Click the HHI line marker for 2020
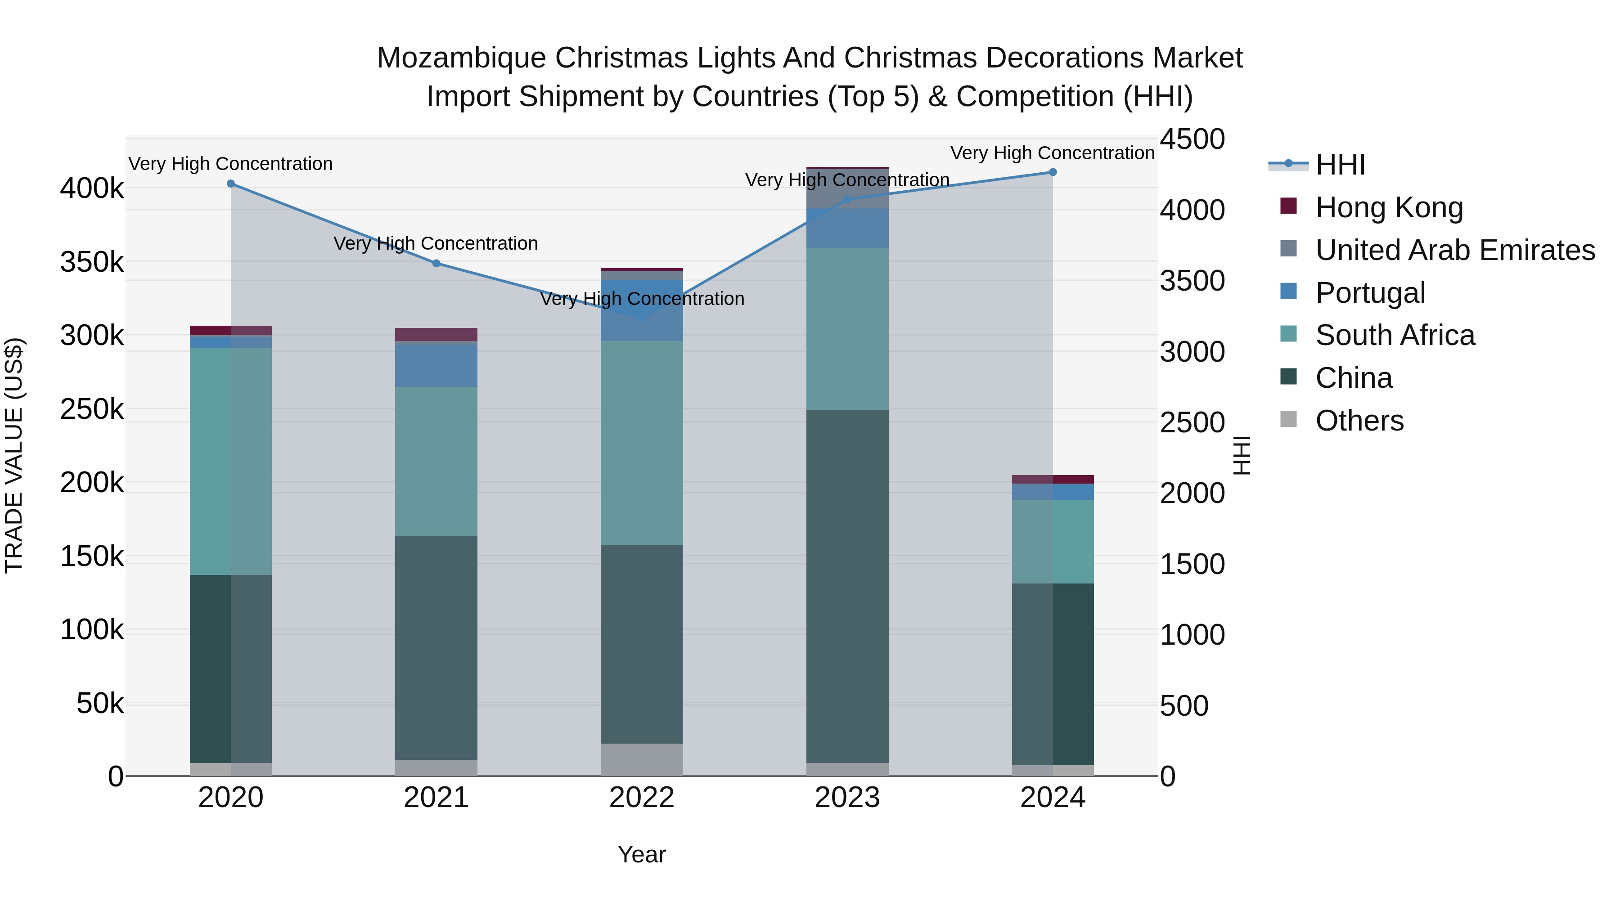tap(231, 184)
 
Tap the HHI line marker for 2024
tap(1053, 172)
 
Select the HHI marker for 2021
tap(436, 264)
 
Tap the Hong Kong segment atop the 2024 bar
tap(1053, 479)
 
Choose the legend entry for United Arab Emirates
tap(1454, 250)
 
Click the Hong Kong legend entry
tap(1389, 207)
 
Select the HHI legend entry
tap(1340, 165)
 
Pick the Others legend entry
tap(1359, 421)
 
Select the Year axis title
tap(641, 854)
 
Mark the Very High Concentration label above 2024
tap(1052, 153)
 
